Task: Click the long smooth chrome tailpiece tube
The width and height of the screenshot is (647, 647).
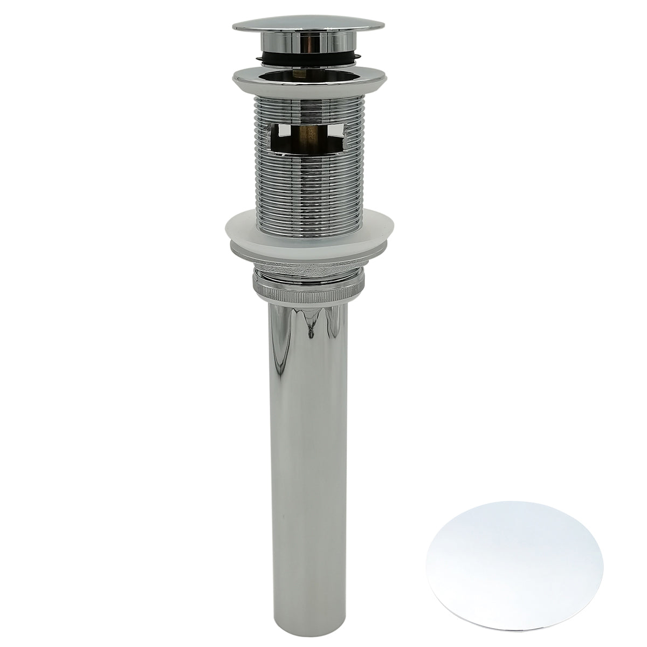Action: click(x=310, y=431)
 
